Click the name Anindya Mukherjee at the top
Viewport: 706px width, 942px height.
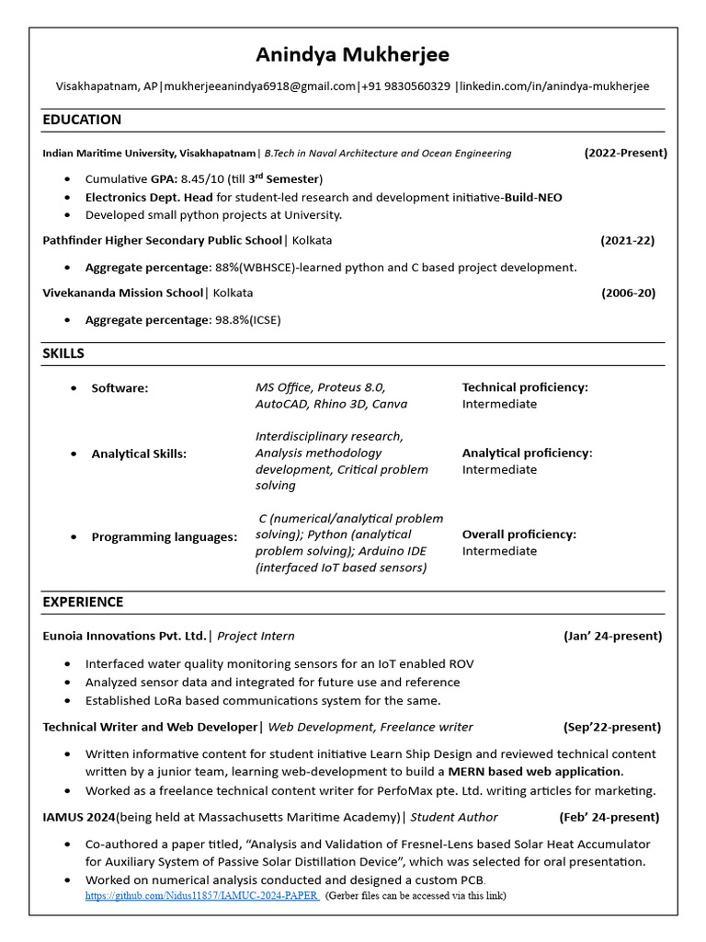[352, 55]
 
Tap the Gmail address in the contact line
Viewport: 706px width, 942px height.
[260, 86]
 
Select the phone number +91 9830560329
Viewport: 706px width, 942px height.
[405, 86]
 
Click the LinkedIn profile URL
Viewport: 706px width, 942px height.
[554, 86]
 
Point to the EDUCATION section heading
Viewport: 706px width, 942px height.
[82, 120]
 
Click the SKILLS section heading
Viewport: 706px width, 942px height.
[63, 354]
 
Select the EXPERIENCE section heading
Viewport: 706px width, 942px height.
[83, 603]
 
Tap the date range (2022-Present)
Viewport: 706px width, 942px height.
[625, 153]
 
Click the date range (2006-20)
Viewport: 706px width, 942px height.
[629, 293]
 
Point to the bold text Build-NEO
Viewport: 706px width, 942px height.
[532, 197]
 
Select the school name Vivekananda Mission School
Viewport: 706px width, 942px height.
[122, 293]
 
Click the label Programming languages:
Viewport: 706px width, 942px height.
[164, 537]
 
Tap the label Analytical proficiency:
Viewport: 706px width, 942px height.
[527, 454]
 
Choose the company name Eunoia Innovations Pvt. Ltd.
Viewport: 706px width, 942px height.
[125, 636]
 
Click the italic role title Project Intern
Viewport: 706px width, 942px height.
[256, 636]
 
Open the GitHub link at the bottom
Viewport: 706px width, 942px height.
[202, 895]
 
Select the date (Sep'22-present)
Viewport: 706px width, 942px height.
[612, 727]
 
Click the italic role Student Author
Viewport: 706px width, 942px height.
[454, 817]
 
